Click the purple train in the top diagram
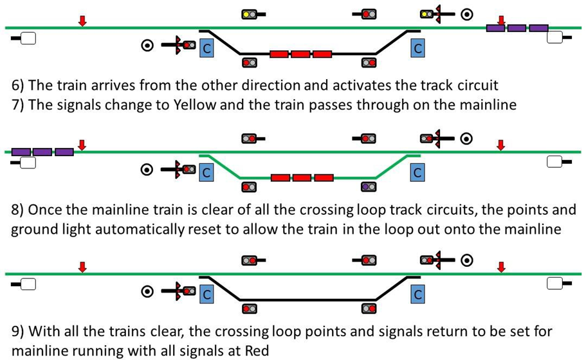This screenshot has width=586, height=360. (x=517, y=28)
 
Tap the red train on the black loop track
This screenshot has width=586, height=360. (x=301, y=54)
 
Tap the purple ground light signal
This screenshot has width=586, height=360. (x=368, y=187)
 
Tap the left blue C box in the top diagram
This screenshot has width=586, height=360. (x=206, y=48)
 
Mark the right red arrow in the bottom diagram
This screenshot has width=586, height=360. (x=501, y=267)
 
